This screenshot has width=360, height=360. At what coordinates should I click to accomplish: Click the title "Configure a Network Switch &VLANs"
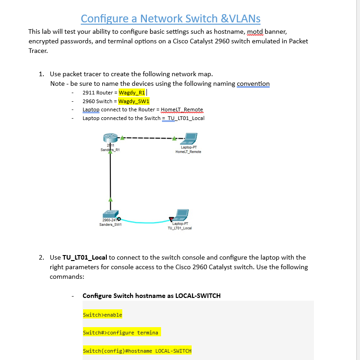[x=171, y=18]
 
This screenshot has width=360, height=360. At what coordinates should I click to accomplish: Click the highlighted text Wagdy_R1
[x=131, y=93]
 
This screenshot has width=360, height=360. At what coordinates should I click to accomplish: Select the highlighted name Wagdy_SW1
[x=134, y=101]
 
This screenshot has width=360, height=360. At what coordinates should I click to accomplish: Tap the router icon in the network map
[x=110, y=138]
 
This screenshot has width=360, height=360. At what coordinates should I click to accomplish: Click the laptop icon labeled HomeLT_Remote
[x=188, y=138]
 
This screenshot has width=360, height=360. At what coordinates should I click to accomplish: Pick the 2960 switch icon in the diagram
[x=110, y=214]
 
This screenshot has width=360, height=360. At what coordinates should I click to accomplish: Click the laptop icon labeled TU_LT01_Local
[x=181, y=214]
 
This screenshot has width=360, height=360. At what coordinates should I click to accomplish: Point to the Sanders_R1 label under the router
[x=110, y=150]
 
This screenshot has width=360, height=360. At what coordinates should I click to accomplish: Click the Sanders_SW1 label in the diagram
[x=110, y=224]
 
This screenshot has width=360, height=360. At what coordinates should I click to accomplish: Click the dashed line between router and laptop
[x=146, y=137]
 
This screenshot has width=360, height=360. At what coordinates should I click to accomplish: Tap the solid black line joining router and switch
[x=110, y=178]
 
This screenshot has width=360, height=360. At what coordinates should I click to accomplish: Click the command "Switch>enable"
[x=102, y=315]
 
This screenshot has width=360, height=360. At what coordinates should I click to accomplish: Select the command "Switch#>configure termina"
[x=120, y=333]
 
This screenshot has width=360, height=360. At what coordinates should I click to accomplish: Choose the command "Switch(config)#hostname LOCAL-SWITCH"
[x=137, y=350]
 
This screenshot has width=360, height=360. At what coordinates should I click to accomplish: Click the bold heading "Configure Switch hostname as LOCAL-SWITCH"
[x=151, y=296]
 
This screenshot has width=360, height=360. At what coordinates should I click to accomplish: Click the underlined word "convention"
[x=253, y=83]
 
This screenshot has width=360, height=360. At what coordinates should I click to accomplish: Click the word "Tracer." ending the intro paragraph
[x=38, y=51]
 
